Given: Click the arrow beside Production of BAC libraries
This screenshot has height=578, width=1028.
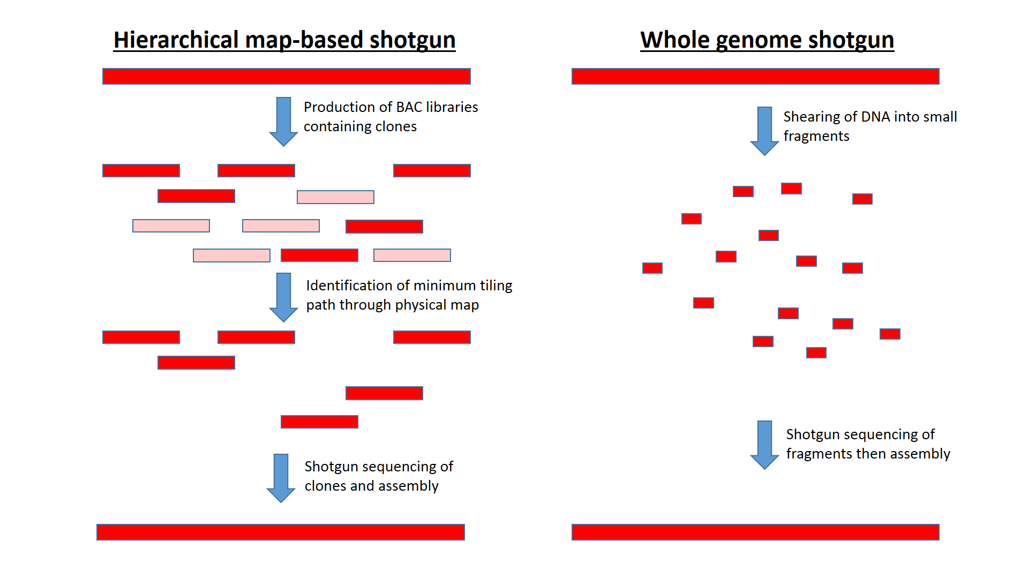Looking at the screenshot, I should (x=283, y=121).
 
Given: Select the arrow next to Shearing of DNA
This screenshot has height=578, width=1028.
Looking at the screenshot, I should (x=764, y=131).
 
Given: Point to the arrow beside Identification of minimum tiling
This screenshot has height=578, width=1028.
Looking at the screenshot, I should (x=283, y=297).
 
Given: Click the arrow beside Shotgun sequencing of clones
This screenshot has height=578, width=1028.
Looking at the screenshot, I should (x=281, y=477).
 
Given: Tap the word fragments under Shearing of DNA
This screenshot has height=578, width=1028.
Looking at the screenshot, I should (x=816, y=136).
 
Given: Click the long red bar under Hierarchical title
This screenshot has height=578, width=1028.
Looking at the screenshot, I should (x=286, y=76).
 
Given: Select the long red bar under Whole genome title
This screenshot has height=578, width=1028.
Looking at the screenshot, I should (x=755, y=76).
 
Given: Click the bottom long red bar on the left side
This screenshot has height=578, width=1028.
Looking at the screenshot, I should (x=280, y=532).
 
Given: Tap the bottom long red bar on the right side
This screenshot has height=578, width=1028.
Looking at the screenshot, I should (x=755, y=532).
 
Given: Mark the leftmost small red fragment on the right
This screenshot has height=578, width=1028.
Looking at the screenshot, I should (x=652, y=268).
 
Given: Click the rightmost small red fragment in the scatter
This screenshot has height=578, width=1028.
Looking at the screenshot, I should (x=890, y=334).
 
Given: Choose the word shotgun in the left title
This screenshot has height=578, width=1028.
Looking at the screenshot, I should (x=412, y=40).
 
